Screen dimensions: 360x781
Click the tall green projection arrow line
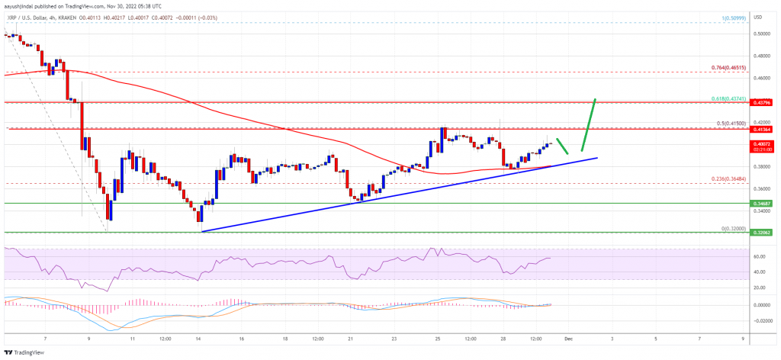pos(587,125)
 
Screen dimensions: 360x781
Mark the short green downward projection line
pos(562,146)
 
